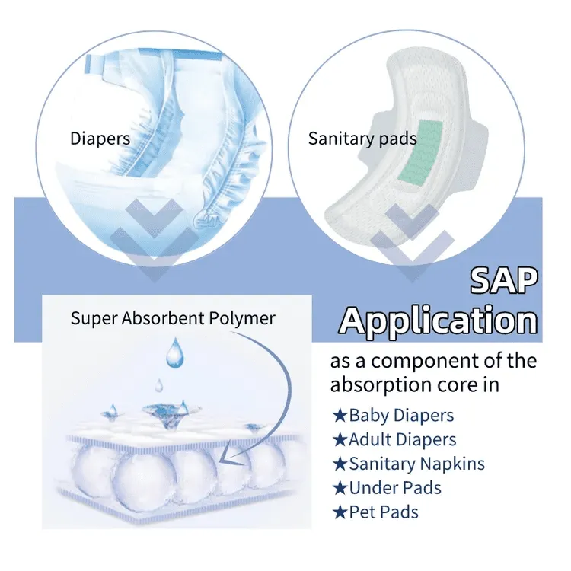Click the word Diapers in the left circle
(x=100, y=139)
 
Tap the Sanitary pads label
(x=362, y=139)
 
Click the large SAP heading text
(x=504, y=281)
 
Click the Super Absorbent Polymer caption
(x=173, y=317)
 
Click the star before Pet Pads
(x=340, y=512)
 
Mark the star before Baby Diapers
(x=340, y=416)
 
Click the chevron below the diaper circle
(x=154, y=242)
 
